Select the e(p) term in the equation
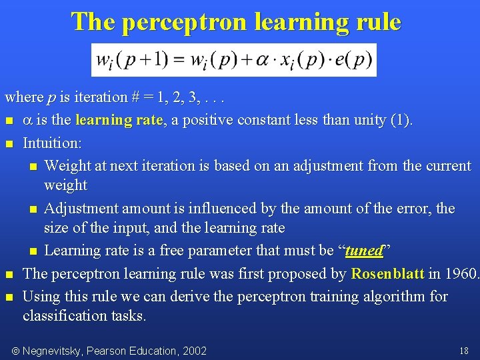click(x=353, y=60)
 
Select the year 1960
click(x=461, y=274)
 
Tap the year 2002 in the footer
click(x=194, y=351)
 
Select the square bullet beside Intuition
click(x=9, y=143)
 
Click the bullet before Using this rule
click(x=9, y=297)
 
